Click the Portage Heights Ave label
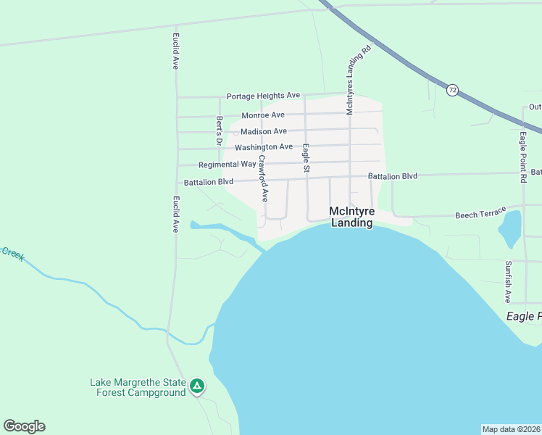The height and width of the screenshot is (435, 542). [263, 96]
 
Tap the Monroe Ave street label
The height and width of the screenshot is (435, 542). [263, 115]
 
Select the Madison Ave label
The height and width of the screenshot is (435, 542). [264, 131]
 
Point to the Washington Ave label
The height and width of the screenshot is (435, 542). [264, 147]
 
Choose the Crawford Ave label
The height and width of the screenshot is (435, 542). [263, 178]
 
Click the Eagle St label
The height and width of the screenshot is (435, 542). [307, 158]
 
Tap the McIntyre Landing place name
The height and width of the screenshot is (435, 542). [351, 217]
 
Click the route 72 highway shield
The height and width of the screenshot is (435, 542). [452, 90]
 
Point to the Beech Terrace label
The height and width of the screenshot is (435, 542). [480, 214]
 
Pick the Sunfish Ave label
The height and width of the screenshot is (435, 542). [508, 282]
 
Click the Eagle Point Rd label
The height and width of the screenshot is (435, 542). [522, 157]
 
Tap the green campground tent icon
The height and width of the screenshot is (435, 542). [197, 386]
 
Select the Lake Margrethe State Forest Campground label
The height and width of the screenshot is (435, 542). [138, 388]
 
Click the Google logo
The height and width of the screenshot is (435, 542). [24, 426]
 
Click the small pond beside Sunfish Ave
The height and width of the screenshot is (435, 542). [509, 229]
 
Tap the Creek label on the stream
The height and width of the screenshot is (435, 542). [12, 253]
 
